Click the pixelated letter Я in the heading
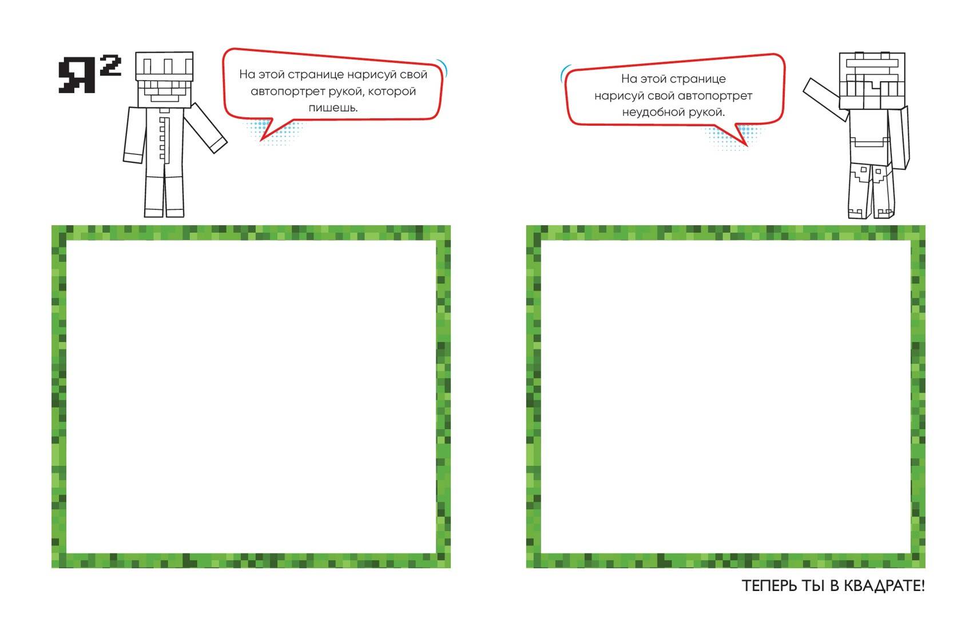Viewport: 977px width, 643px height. [x=77, y=75]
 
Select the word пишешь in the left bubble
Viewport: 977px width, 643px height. [x=332, y=107]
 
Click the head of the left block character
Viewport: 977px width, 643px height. [x=164, y=80]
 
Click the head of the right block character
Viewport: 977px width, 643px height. [x=872, y=81]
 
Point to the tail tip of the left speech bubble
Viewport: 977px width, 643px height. [x=261, y=140]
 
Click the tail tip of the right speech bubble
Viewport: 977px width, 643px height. [x=746, y=145]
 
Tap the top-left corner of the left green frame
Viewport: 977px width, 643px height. [x=52, y=226]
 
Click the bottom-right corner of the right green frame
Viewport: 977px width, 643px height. [x=925, y=568]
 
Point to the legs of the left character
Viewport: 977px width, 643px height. [x=164, y=196]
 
